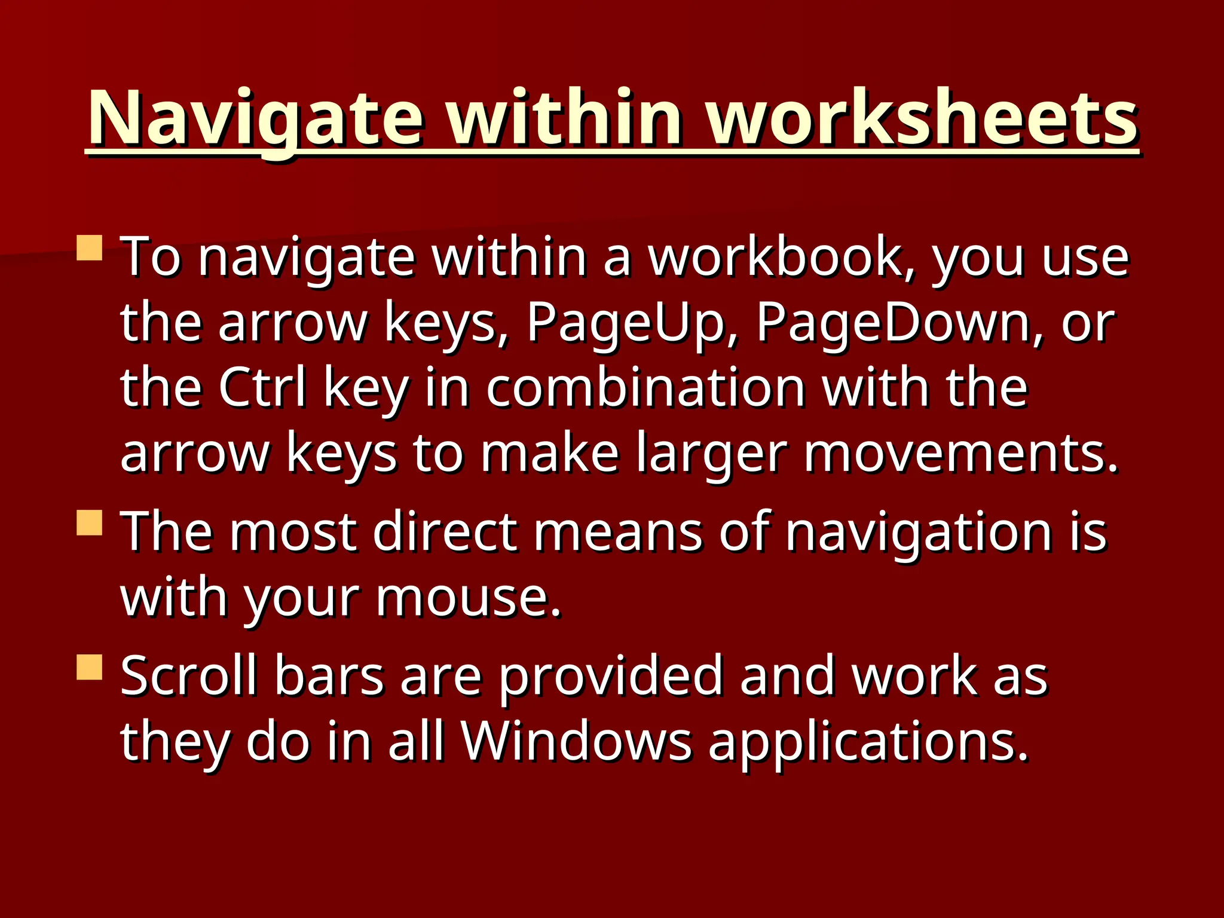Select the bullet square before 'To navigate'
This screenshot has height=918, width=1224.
[90, 247]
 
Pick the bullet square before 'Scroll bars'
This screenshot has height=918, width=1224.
[90, 667]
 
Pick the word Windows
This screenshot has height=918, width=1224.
[576, 742]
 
